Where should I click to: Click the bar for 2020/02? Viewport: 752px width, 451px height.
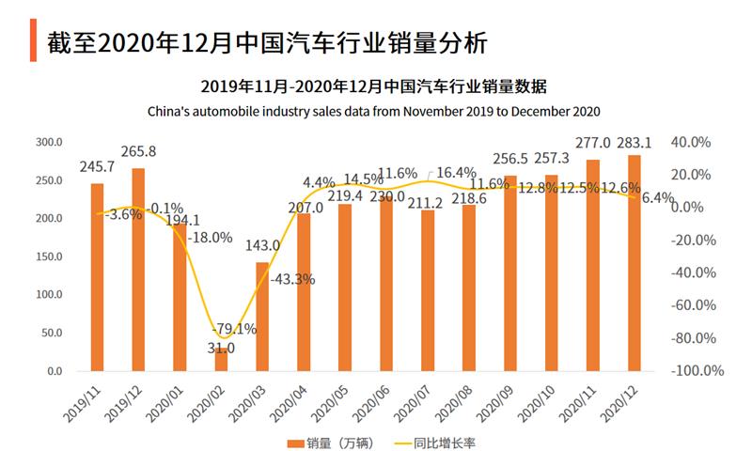(221, 362)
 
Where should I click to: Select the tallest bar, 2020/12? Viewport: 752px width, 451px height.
(634, 263)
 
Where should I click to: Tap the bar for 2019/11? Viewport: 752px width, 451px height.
(97, 277)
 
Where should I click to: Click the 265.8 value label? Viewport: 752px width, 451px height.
(138, 150)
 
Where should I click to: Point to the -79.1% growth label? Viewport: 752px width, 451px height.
(231, 329)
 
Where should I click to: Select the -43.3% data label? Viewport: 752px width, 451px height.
(291, 278)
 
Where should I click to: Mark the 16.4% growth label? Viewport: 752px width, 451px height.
(458, 172)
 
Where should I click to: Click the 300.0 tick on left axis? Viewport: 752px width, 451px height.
(49, 142)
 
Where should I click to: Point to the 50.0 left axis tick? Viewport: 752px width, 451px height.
(51, 333)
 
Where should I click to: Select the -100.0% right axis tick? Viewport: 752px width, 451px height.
(696, 371)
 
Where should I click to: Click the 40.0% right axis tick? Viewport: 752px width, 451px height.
(693, 142)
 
